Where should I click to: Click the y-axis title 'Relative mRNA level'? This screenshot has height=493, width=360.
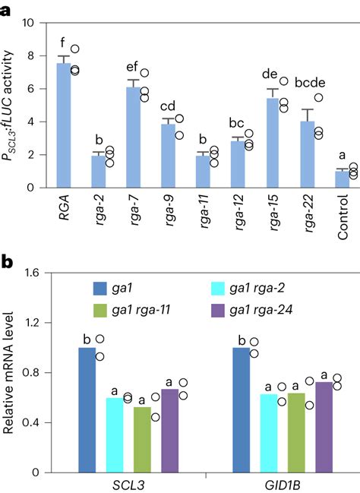10,372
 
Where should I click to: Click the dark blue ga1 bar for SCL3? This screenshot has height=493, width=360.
87,409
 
